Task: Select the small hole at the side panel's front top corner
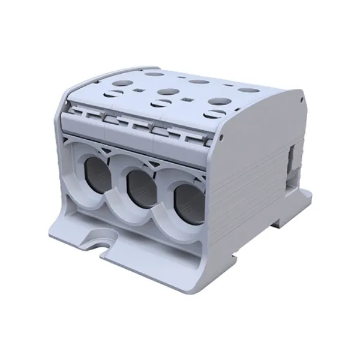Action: pyautogui.click(x=223, y=137)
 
